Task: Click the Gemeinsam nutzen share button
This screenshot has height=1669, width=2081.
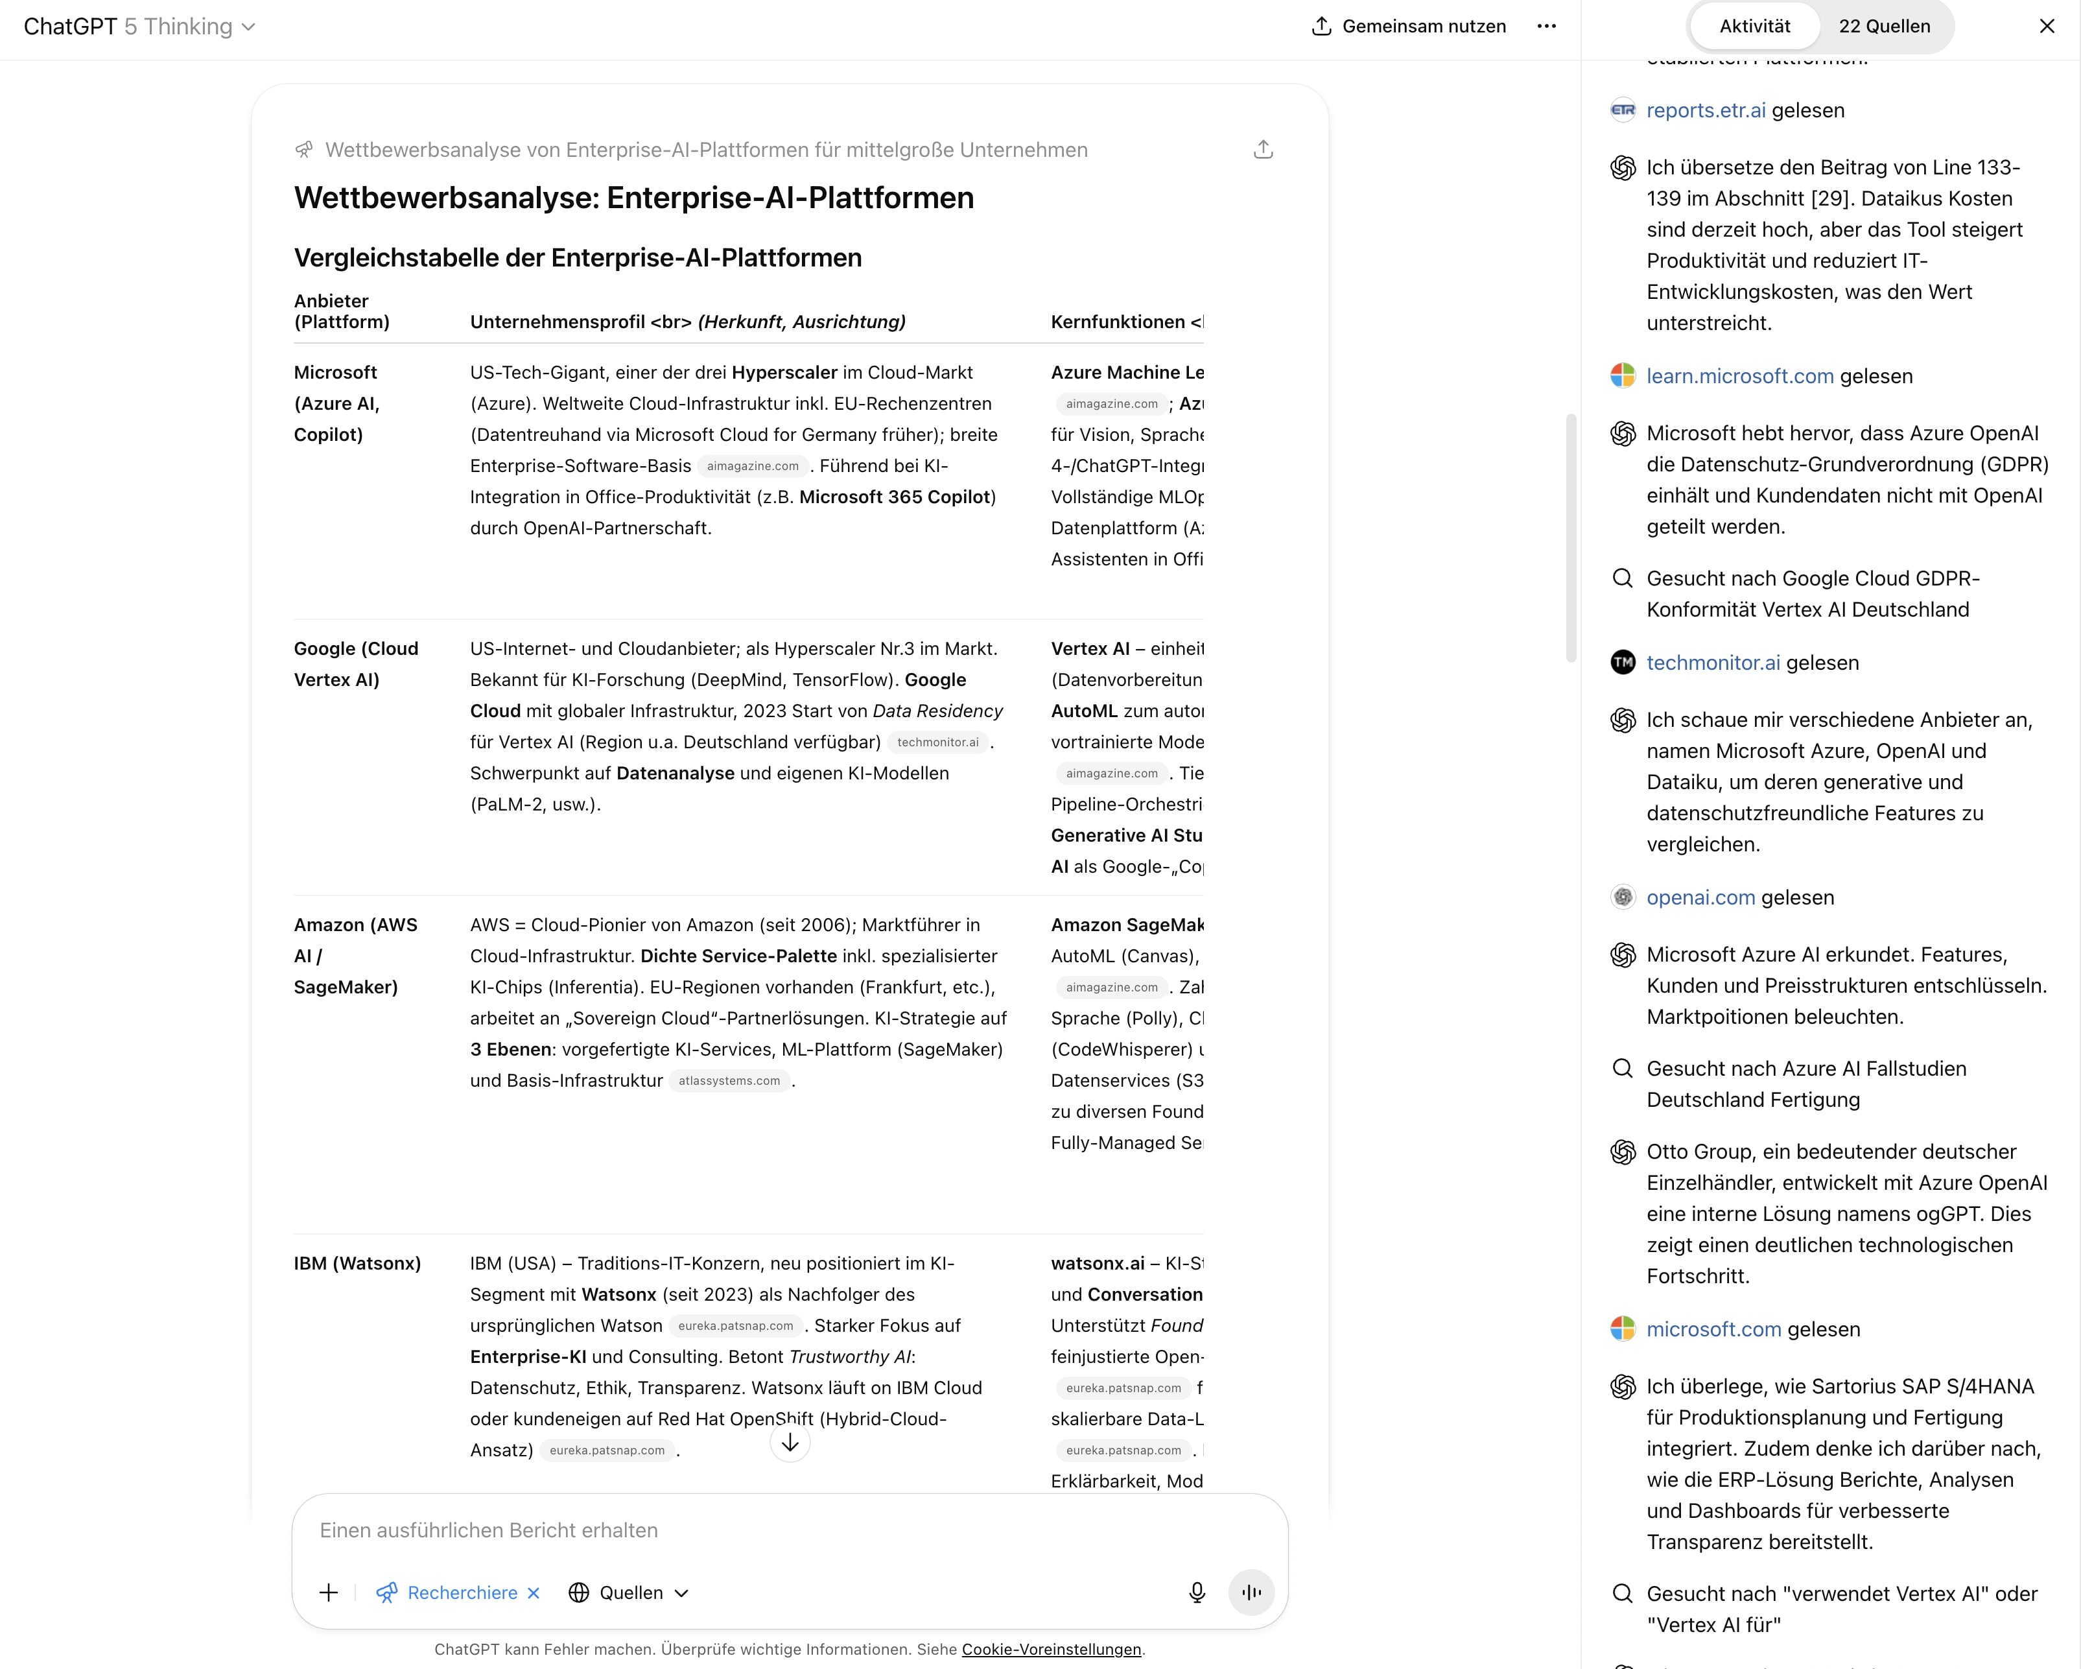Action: point(1408,26)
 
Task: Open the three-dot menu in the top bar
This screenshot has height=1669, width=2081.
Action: point(1546,26)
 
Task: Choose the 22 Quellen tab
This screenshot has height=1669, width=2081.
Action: point(1883,26)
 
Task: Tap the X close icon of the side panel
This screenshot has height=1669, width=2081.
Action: point(2046,26)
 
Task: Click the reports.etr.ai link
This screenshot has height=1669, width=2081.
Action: point(1706,110)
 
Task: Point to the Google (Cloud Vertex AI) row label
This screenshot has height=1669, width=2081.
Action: point(355,663)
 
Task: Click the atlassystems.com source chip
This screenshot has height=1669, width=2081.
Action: point(729,1080)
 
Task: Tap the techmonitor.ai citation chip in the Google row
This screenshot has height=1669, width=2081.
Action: point(937,742)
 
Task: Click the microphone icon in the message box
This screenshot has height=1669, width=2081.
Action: point(1196,1592)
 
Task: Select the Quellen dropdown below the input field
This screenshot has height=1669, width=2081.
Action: point(629,1592)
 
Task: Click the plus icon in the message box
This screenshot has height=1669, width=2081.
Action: point(328,1592)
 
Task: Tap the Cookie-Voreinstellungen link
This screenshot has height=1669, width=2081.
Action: point(1050,1649)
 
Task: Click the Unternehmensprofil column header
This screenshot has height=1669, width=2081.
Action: point(687,322)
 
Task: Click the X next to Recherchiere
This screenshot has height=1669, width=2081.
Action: point(534,1592)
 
